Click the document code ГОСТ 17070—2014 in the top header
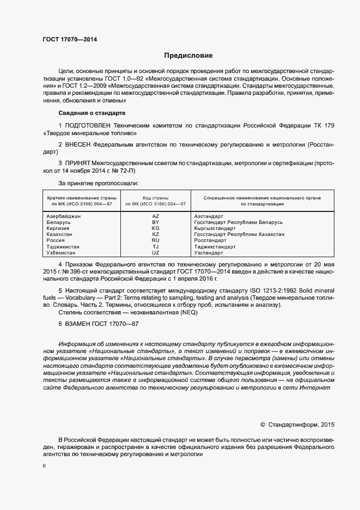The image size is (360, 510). pyautogui.click(x=70, y=39)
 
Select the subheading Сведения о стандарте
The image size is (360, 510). pyautogui.click(x=91, y=113)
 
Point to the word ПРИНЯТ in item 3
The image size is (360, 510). pyautogui.click(x=80, y=163)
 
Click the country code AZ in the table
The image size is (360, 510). pyautogui.click(x=155, y=216)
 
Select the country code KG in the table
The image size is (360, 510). pyautogui.click(x=155, y=228)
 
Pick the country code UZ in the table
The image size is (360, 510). pyautogui.click(x=155, y=253)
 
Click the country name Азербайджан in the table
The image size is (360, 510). pyautogui.click(x=64, y=216)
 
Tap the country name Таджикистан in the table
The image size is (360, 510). pyautogui.click(x=64, y=247)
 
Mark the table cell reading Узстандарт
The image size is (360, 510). pyautogui.click(x=209, y=253)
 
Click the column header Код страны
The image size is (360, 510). pyautogui.click(x=155, y=197)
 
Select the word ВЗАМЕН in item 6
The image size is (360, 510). pyautogui.click(x=81, y=324)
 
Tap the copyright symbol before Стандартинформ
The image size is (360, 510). pyautogui.click(x=263, y=424)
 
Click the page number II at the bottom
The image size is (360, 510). pyautogui.click(x=44, y=466)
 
